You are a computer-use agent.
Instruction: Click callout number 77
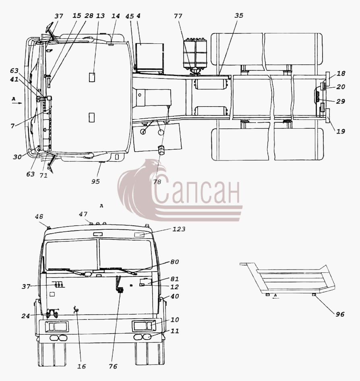(178, 16)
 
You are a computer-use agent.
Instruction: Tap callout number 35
(239, 16)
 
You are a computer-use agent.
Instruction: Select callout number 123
(179, 229)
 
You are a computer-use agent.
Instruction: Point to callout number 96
(340, 314)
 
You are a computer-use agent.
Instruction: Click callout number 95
(95, 181)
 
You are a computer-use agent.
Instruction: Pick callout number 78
(157, 182)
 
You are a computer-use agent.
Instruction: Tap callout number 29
(341, 101)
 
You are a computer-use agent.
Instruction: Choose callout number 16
(82, 366)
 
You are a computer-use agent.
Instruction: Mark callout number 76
(113, 366)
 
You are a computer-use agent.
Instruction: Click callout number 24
(26, 316)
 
